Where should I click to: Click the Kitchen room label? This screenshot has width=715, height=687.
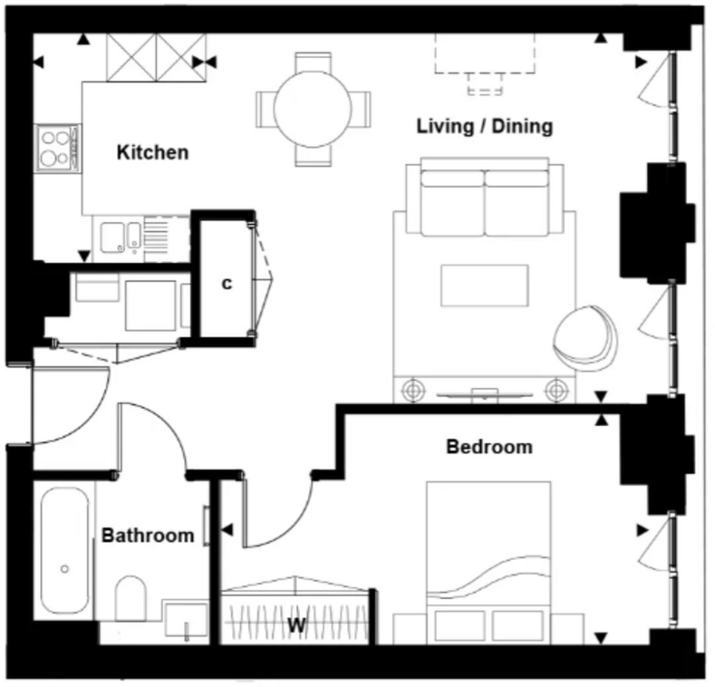coord(152,152)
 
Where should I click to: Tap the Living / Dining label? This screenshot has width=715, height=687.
coord(484,126)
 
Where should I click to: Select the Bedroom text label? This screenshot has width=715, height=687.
coord(489,447)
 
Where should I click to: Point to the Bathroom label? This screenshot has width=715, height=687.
coord(148,536)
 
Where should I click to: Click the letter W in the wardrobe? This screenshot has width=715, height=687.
coord(295,624)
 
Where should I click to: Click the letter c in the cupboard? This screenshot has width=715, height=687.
coord(227,284)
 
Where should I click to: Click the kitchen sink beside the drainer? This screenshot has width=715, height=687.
coord(115,237)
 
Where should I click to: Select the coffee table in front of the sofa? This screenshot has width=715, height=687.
coord(484,285)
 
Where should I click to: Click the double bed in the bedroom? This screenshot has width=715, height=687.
coord(488,553)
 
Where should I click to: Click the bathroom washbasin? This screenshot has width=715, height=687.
coord(185,621)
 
